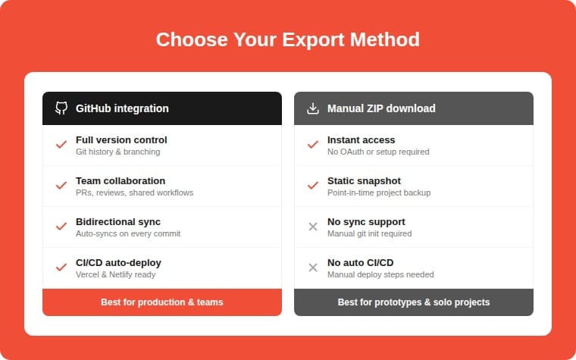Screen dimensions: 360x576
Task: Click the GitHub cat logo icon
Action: pos(61,108)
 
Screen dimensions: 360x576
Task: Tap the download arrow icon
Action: pos(313,108)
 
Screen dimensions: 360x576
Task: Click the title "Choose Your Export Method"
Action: pos(288,39)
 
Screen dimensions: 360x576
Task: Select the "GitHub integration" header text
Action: pos(122,108)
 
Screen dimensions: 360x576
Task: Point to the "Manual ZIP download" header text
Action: pos(381,108)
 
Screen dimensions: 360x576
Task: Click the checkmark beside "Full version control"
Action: pos(61,145)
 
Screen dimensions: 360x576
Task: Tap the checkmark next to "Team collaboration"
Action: pos(61,186)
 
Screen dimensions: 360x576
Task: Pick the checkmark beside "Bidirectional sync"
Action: pos(61,227)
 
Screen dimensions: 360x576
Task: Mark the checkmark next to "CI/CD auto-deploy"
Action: pos(61,268)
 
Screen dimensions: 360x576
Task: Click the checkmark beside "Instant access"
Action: pos(313,145)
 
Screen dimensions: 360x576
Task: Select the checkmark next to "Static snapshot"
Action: pos(313,186)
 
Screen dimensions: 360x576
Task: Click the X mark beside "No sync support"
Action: pos(313,227)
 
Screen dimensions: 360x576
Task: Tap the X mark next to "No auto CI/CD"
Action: pos(313,268)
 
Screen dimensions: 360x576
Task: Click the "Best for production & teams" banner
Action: pos(162,302)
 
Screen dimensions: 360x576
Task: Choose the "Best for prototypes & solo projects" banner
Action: pos(414,302)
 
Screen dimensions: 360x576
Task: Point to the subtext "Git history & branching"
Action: pos(117,152)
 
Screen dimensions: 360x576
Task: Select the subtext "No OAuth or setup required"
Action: pos(378,152)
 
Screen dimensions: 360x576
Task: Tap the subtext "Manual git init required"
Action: pos(369,233)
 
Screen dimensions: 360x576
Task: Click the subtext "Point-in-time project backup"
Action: pos(379,193)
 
